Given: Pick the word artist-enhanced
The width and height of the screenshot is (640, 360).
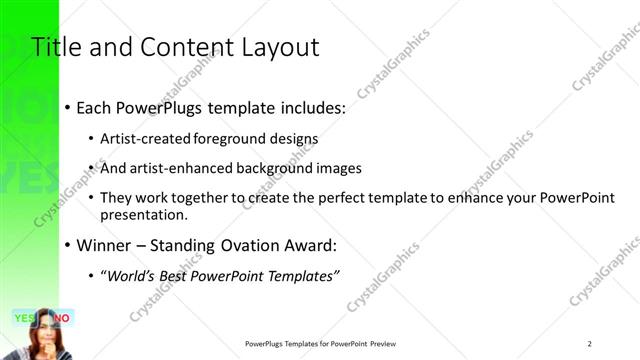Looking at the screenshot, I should tap(177, 168).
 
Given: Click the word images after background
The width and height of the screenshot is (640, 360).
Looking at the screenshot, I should tap(338, 168).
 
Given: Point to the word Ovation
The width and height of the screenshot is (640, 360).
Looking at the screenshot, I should tap(236, 245).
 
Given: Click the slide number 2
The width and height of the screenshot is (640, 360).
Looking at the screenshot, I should tap(590, 344).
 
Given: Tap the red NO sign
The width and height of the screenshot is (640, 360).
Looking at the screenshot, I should tap(61, 318).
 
